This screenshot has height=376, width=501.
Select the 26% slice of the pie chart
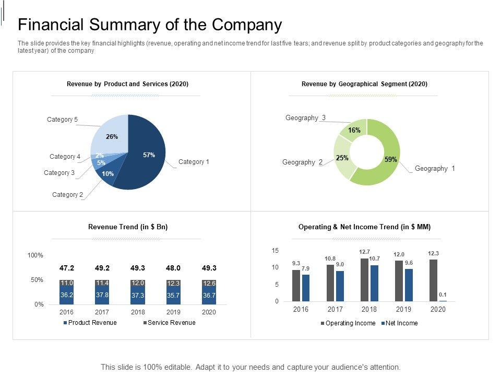[111, 136]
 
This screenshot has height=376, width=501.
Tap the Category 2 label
[68, 195]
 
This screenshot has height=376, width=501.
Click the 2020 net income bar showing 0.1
[443, 301]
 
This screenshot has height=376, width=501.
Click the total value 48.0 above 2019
[173, 268]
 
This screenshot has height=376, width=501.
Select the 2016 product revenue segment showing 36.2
[67, 295]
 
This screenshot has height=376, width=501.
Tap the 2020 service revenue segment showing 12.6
[209, 283]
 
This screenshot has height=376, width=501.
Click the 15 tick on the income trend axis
[275, 251]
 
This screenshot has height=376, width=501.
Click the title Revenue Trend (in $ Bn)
[128, 227]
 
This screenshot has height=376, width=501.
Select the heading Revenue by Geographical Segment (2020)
[364, 84]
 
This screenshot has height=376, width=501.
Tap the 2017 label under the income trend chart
[335, 309]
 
